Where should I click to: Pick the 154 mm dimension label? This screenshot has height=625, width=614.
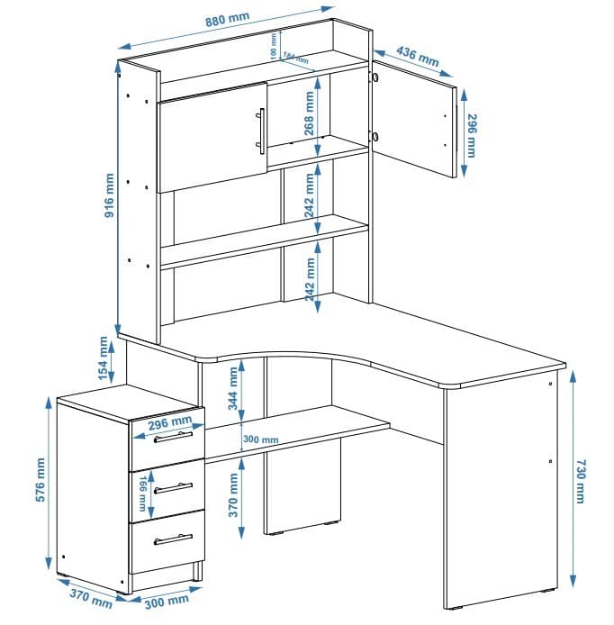(x=104, y=358)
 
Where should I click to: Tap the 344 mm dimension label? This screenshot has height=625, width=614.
(x=233, y=388)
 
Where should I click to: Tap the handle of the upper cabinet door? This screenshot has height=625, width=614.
(x=260, y=131)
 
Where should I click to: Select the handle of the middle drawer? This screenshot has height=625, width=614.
(x=173, y=488)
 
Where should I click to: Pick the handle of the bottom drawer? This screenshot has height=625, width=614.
(x=173, y=539)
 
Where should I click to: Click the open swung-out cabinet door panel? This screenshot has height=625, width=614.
(x=414, y=117)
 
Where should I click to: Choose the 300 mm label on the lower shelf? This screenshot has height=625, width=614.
(x=262, y=440)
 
